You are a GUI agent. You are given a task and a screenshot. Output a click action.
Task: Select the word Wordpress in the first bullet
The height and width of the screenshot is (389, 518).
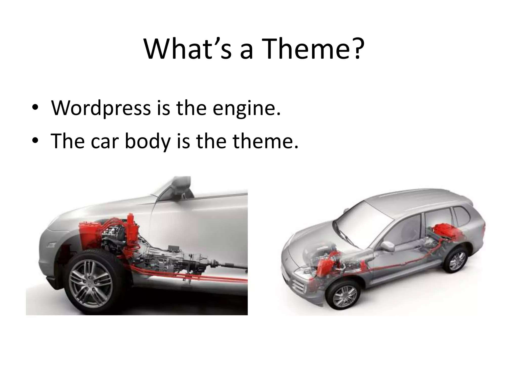pyautogui.click(x=101, y=108)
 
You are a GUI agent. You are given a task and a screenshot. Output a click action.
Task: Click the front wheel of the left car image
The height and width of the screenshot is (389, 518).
pyautogui.click(x=91, y=281)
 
